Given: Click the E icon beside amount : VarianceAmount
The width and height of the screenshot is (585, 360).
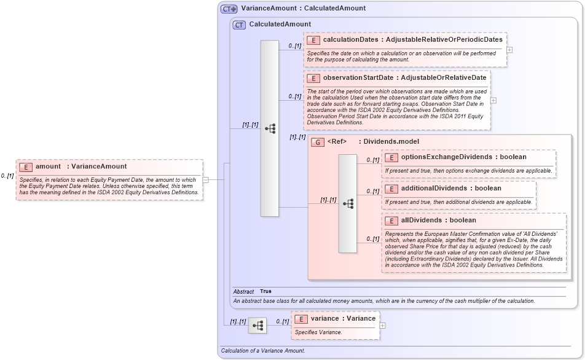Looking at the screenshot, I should (x=26, y=166).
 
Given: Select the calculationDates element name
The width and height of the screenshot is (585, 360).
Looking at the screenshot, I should (x=351, y=39).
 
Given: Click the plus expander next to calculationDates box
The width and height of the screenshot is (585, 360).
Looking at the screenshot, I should (x=509, y=50).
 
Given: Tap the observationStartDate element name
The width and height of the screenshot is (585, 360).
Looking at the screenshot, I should (x=358, y=78).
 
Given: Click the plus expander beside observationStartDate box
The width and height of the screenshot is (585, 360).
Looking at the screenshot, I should (x=493, y=100).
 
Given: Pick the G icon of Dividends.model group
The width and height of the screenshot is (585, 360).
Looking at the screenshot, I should (x=318, y=142).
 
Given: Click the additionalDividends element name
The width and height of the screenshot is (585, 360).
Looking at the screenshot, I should (x=434, y=188).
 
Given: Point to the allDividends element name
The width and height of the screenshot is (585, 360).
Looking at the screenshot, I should (x=421, y=220).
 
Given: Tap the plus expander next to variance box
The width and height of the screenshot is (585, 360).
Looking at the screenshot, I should (x=382, y=326).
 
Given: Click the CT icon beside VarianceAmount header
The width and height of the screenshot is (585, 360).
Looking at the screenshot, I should (x=229, y=9).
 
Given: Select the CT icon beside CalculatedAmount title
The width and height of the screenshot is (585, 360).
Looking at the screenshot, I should (x=239, y=25).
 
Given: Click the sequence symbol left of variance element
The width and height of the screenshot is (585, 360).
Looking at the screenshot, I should (x=257, y=325).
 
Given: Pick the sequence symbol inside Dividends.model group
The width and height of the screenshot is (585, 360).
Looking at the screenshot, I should (x=348, y=203).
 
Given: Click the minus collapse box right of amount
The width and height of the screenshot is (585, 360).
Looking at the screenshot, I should (x=206, y=179).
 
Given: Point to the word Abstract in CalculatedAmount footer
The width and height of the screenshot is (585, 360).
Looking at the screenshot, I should (x=243, y=291).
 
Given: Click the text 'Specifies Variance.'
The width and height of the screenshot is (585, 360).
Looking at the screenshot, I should (x=318, y=332).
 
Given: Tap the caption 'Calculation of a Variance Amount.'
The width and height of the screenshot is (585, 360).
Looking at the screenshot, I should (x=262, y=351).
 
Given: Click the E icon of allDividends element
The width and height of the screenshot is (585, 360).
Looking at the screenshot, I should (x=391, y=221).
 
